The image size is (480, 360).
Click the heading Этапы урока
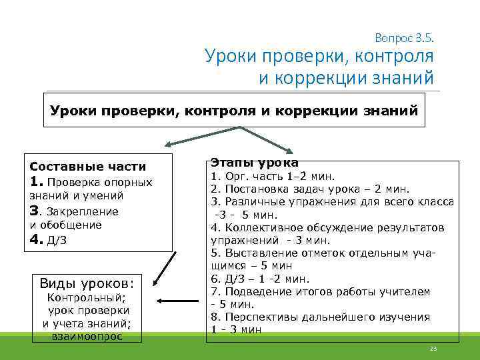pos(255,162)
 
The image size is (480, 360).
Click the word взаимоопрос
pos(87,336)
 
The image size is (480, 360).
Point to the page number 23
pos(433,349)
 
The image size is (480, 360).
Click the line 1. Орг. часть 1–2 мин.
pos(273,177)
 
